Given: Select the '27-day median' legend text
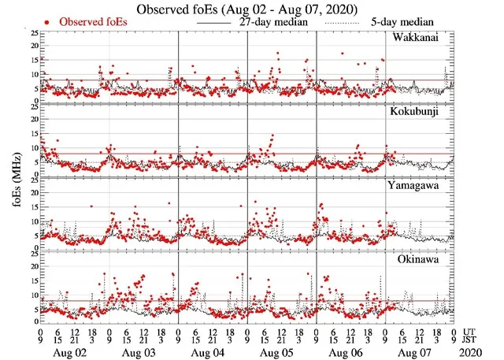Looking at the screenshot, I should tap(271, 22).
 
